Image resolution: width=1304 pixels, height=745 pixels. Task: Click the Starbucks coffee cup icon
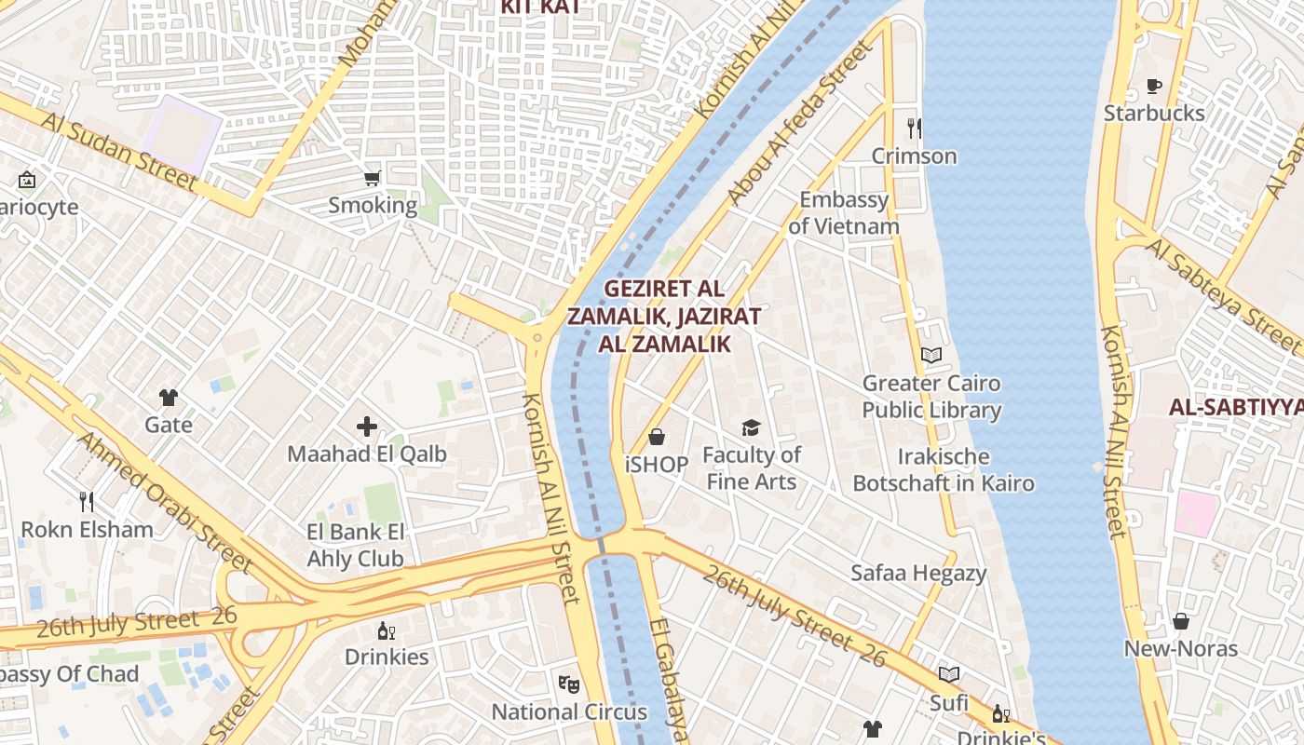[1154, 87]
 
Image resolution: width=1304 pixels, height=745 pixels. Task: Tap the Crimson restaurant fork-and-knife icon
[914, 129]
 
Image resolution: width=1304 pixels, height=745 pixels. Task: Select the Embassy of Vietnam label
[844, 212]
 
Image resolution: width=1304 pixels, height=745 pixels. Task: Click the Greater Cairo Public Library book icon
[930, 355]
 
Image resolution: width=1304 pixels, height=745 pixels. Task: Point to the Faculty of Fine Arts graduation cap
[751, 427]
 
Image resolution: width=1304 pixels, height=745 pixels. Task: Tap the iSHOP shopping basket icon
[657, 437]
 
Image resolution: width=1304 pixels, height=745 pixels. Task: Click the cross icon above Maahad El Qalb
[367, 427]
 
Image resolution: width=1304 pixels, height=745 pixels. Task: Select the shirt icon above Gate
[168, 398]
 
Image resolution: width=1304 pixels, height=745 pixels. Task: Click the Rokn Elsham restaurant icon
[87, 502]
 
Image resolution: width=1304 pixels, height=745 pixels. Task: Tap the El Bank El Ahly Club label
[356, 545]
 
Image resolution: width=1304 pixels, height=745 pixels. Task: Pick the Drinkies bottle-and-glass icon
[386, 630]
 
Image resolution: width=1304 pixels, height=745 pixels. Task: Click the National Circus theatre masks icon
[569, 684]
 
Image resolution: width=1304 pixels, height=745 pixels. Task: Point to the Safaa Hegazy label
[917, 573]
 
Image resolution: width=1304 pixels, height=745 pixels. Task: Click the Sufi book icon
[949, 674]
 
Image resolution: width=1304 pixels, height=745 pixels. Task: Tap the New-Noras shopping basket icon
[1180, 621]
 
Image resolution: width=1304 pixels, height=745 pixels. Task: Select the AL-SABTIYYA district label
[1235, 407]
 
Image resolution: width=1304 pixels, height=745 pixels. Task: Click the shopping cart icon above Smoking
[373, 178]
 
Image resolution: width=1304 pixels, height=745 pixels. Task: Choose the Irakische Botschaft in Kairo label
[943, 469]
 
